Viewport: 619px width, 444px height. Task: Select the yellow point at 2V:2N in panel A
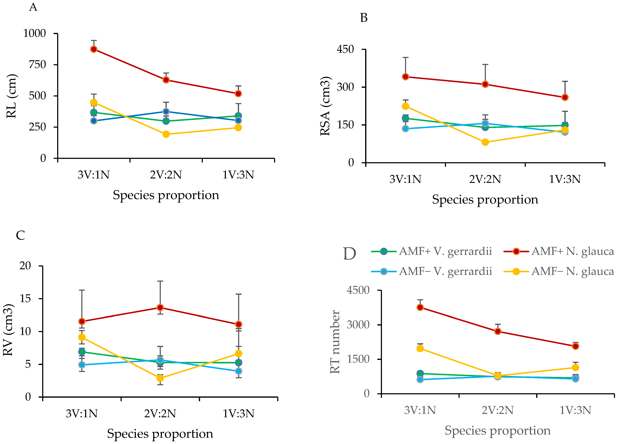(166, 134)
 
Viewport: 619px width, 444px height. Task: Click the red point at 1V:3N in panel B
(565, 97)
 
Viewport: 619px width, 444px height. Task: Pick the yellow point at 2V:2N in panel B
(485, 142)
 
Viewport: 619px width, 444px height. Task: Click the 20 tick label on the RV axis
(25, 266)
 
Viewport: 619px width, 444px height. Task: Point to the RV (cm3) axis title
(8, 330)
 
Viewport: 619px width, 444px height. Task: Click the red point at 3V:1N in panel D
(420, 307)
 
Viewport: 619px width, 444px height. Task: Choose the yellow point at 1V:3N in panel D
(575, 367)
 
